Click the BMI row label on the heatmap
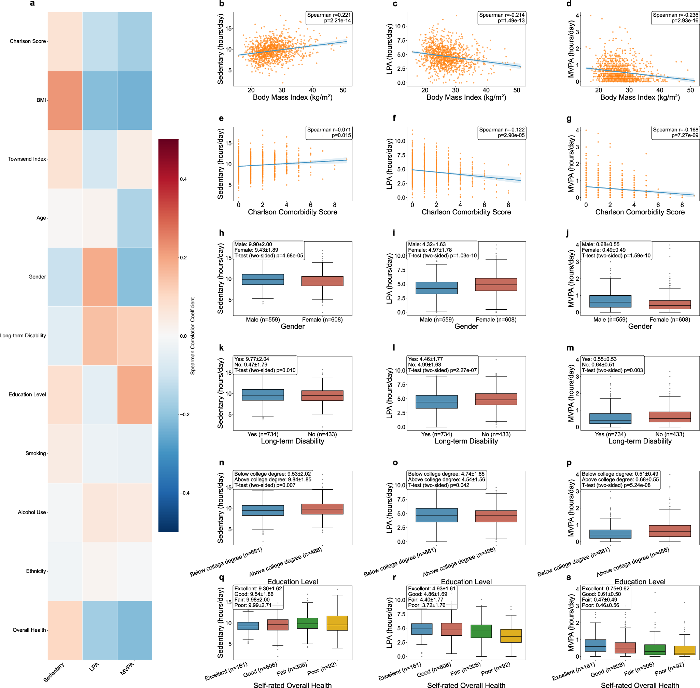(41, 100)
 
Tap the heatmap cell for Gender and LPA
(100, 277)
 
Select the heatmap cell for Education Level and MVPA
(135, 395)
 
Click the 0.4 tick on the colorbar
(184, 179)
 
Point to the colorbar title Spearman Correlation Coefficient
(193, 336)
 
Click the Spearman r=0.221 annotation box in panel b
(328, 18)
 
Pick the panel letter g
(569, 118)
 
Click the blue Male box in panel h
(263, 279)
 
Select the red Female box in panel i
(496, 284)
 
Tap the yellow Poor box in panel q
(337, 623)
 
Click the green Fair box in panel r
(481, 631)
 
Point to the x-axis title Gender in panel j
(640, 326)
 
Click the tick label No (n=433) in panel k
(322, 434)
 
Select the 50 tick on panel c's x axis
(516, 90)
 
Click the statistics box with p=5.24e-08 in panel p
(620, 479)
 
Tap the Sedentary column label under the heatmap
(54, 672)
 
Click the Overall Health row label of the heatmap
(29, 630)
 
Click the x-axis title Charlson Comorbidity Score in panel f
(466, 212)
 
